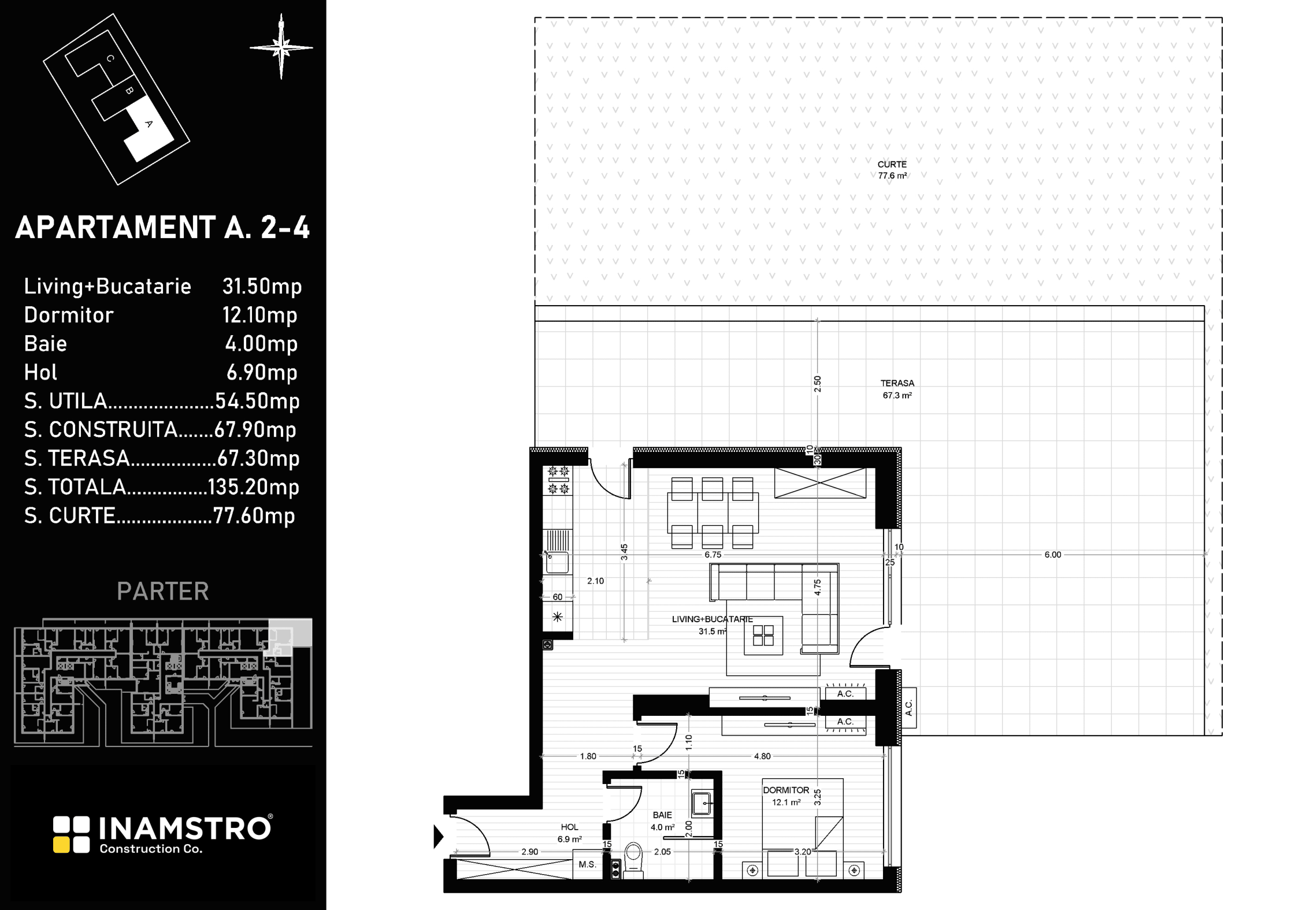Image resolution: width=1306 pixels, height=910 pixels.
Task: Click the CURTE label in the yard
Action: click(x=892, y=165)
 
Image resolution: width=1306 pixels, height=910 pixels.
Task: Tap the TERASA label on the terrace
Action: click(x=897, y=383)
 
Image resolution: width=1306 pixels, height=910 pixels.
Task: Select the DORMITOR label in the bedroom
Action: click(x=786, y=790)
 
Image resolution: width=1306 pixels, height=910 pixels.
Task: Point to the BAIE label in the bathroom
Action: click(x=662, y=815)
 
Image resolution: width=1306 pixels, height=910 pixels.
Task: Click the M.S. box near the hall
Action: click(x=587, y=865)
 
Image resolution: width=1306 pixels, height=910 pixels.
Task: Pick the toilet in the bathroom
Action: click(x=634, y=860)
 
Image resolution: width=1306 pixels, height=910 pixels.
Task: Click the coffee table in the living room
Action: click(x=763, y=635)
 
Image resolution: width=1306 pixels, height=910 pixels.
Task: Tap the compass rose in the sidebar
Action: click(x=281, y=47)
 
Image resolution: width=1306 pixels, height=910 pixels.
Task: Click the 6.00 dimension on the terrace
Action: click(x=1053, y=555)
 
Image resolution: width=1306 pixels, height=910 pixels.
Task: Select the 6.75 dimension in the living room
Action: click(x=713, y=555)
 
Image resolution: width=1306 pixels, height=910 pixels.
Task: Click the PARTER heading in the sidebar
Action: click(x=163, y=592)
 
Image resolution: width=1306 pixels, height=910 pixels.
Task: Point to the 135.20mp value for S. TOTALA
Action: click(x=254, y=487)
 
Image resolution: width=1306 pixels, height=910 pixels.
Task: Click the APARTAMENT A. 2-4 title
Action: click(x=162, y=228)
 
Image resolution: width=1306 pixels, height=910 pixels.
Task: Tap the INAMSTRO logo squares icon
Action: click(x=72, y=834)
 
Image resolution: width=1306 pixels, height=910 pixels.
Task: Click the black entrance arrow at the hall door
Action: click(x=439, y=836)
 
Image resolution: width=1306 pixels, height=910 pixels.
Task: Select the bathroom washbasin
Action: click(x=702, y=803)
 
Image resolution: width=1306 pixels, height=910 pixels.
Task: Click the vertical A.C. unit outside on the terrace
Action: click(x=908, y=708)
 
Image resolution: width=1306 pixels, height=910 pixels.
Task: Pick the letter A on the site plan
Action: click(x=149, y=124)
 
